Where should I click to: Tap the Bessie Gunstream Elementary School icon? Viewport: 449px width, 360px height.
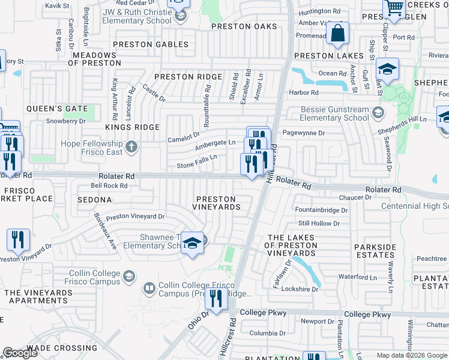pyautogui.click(x=378, y=112)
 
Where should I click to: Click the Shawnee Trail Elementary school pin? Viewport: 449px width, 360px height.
pyautogui.click(x=191, y=243)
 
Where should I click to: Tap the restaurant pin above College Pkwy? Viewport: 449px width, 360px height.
pyautogui.click(x=215, y=298)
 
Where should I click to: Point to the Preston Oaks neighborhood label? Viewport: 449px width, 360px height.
pyautogui.click(x=244, y=26)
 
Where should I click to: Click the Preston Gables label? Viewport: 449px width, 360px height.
pyautogui.click(x=150, y=44)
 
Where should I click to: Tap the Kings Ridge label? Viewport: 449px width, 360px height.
pyautogui.click(x=132, y=127)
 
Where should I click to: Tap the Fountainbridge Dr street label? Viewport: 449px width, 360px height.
pyautogui.click(x=321, y=211)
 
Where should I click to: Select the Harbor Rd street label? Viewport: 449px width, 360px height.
pyautogui.click(x=303, y=92)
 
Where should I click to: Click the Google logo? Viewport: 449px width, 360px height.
pyautogui.click(x=20, y=353)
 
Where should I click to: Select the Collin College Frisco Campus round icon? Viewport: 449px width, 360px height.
pyautogui.click(x=128, y=276)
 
